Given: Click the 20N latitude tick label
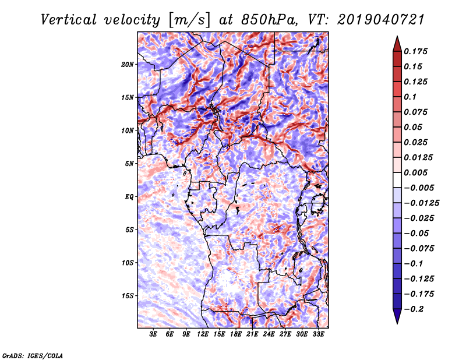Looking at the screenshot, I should point(128,64).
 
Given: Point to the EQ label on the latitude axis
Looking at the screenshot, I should point(129,197).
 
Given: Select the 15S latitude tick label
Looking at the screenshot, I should point(128,296).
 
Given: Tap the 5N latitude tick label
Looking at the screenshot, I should point(129,164).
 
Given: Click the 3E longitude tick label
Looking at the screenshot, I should point(154,335).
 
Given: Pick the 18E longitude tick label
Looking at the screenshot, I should point(236,335).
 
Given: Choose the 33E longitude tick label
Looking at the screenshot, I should point(318,335).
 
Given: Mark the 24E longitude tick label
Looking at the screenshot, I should point(269,335).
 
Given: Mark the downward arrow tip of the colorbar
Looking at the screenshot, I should point(396,322).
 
